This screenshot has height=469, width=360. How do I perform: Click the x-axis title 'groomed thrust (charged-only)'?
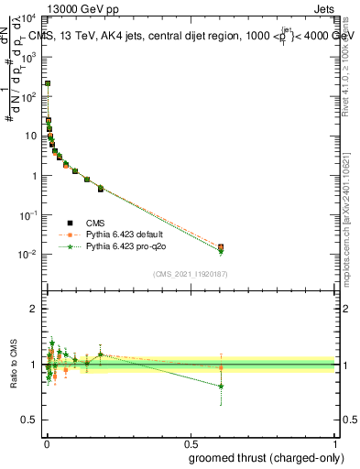coord(261,457)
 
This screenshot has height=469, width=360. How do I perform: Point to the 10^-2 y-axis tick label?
coord(28,255)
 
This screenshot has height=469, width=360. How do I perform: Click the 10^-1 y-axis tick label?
coord(28,215)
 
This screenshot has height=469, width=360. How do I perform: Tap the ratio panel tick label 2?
coord(35,309)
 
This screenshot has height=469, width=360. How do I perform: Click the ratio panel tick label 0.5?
coord(31,420)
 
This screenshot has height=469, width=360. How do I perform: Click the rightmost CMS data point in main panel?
coord(221,246)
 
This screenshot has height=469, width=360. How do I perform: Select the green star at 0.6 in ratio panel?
coord(221,387)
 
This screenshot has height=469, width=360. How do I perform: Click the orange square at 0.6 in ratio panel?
coord(221,367)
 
